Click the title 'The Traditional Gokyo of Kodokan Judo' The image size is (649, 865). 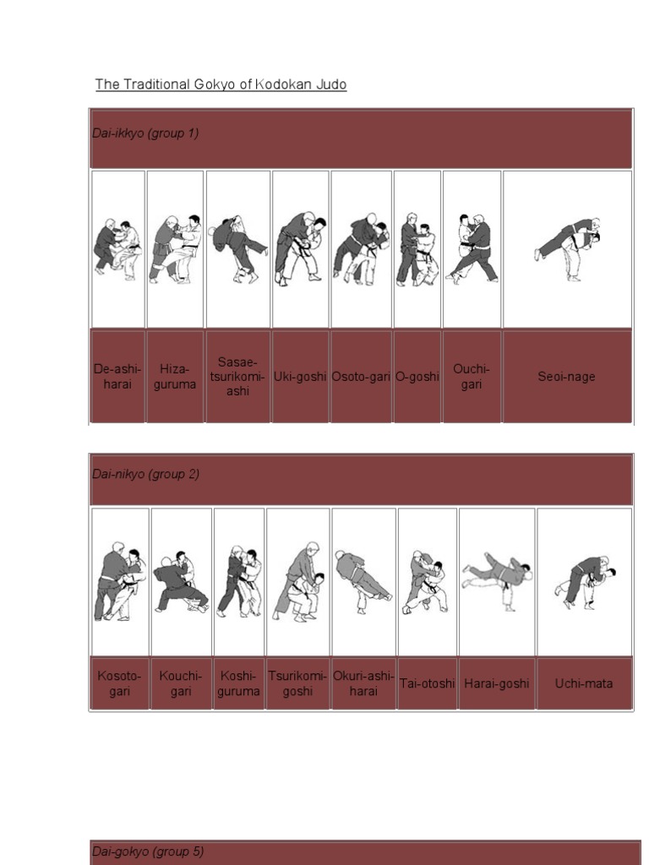(221, 84)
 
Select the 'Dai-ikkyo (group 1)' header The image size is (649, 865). (145, 133)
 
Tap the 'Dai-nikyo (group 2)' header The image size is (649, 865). (145, 474)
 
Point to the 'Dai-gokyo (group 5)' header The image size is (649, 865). (148, 851)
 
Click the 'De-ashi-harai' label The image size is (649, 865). (117, 377)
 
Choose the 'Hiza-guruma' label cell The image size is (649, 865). (175, 377)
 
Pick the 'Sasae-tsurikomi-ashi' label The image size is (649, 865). (237, 377)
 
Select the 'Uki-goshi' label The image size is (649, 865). (300, 377)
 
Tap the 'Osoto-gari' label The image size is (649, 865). (361, 377)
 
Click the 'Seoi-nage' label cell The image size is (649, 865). (566, 377)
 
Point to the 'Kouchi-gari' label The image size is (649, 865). (181, 683)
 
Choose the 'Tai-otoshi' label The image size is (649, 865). (427, 683)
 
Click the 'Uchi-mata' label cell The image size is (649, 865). (583, 683)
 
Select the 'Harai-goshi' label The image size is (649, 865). (497, 683)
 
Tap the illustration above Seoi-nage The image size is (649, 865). (568, 248)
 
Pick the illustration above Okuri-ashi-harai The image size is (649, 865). (363, 581)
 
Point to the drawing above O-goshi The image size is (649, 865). (417, 249)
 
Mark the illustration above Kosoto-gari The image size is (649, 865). (119, 581)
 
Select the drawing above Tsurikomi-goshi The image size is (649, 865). (297, 581)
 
